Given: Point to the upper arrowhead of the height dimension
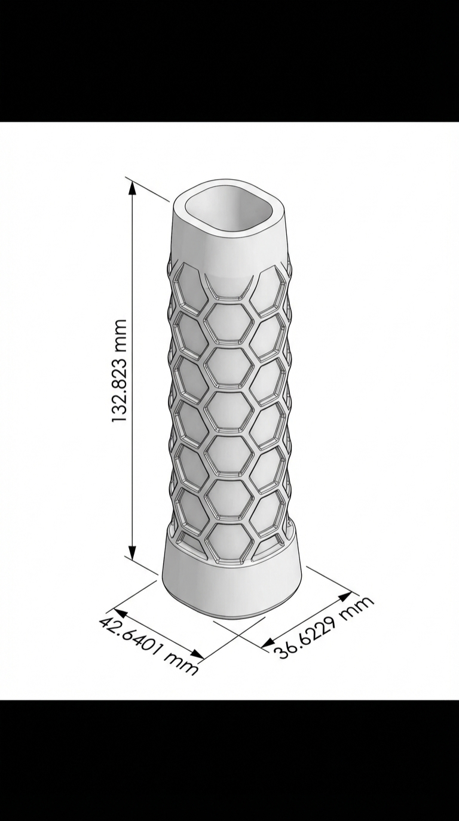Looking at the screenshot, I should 132,187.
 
